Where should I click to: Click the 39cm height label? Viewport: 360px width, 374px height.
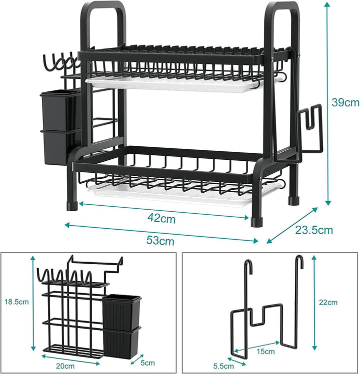[345, 102]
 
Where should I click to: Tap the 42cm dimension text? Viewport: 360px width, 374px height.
[161, 218]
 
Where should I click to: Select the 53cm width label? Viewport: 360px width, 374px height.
[160, 240]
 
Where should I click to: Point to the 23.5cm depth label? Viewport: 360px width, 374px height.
[314, 230]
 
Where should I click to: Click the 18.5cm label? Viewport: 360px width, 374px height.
[16, 302]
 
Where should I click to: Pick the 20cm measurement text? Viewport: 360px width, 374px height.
[65, 366]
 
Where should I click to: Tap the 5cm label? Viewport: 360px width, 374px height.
[147, 363]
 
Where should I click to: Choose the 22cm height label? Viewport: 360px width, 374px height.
[328, 303]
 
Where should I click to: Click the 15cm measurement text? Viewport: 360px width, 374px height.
[265, 352]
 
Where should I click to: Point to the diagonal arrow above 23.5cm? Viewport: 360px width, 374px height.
[292, 225]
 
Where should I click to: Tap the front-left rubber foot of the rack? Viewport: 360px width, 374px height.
[72, 206]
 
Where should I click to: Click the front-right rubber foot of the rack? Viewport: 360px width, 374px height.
[257, 222]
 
